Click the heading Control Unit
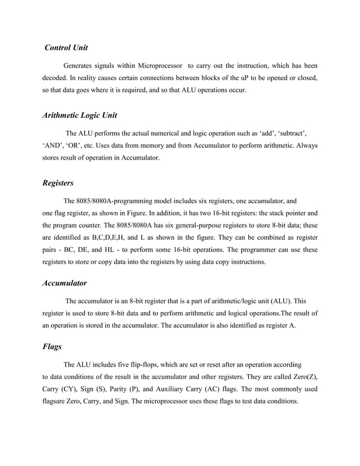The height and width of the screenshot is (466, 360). tap(66, 47)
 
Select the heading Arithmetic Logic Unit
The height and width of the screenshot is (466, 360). tap(80, 115)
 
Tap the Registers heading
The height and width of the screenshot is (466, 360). tap(58, 183)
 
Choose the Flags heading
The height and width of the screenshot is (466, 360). tap(52, 347)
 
